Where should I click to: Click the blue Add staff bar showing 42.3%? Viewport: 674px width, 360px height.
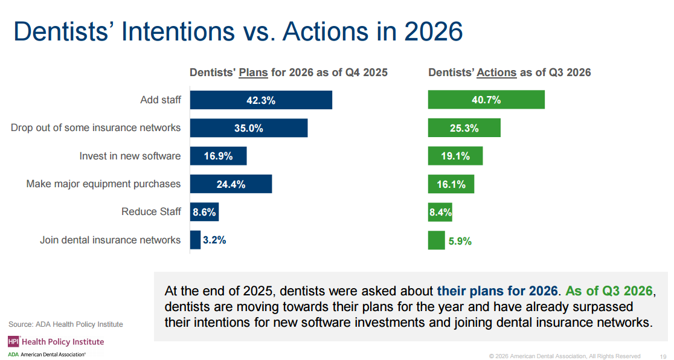click(x=261, y=100)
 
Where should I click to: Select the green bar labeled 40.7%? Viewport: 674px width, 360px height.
click(x=486, y=100)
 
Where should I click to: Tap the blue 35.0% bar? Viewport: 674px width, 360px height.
click(x=249, y=128)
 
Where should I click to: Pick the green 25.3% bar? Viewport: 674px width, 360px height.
click(x=464, y=127)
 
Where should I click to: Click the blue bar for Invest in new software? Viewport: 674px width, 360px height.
click(x=219, y=156)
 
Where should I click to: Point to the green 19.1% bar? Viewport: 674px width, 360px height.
click(x=455, y=156)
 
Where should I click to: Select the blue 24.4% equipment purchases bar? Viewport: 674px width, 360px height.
click(x=231, y=184)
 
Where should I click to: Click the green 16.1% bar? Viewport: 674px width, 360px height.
click(x=451, y=184)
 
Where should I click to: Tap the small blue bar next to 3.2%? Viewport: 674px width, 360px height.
click(x=195, y=240)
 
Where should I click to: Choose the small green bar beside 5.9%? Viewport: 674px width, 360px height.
click(x=436, y=240)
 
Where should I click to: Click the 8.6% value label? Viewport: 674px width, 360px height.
click(x=204, y=213)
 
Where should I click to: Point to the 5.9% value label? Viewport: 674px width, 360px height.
click(x=460, y=241)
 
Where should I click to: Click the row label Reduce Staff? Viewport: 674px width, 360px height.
click(x=151, y=211)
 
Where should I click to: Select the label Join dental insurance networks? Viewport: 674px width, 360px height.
click(x=110, y=240)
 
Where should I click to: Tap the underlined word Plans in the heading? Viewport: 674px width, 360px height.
click(x=253, y=72)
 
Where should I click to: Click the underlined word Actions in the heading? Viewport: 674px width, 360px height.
click(x=496, y=72)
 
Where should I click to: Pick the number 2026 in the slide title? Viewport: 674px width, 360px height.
click(x=434, y=31)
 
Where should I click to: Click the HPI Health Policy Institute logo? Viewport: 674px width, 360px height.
click(x=56, y=341)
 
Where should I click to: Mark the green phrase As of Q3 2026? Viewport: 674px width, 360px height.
click(x=609, y=291)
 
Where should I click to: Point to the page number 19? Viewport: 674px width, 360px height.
click(x=663, y=356)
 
